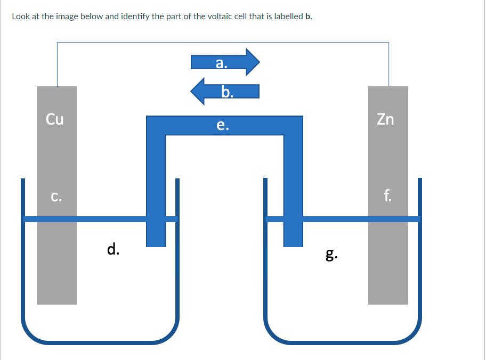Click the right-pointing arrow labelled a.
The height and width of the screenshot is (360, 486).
pyautogui.click(x=225, y=62)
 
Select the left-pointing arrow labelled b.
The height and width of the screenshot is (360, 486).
pyautogui.click(x=225, y=92)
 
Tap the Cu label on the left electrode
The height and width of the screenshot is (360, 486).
pyautogui.click(x=54, y=119)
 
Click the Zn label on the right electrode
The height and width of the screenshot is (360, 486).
pyautogui.click(x=385, y=119)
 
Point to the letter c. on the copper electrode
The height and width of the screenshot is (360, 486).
pyautogui.click(x=56, y=197)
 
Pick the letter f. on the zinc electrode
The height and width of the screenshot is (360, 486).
pyautogui.click(x=387, y=195)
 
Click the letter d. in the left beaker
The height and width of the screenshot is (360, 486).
pyautogui.click(x=113, y=249)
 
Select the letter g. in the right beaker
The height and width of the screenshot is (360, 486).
pyautogui.click(x=331, y=255)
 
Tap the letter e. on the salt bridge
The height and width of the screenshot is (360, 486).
pyautogui.click(x=223, y=125)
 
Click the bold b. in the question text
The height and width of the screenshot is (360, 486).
pyautogui.click(x=309, y=16)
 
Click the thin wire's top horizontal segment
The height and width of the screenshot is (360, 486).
pyautogui.click(x=223, y=43)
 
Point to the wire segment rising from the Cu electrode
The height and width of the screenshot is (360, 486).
pyautogui.click(x=58, y=64)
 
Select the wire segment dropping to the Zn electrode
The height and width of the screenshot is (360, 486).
pyautogui.click(x=388, y=64)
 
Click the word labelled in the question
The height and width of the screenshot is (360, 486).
pyautogui.click(x=289, y=16)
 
